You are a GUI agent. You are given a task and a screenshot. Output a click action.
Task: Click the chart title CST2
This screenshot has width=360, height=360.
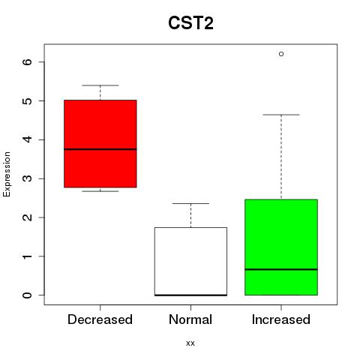tap(190, 23)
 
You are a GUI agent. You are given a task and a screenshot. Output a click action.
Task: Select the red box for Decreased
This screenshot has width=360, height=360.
tap(100, 144)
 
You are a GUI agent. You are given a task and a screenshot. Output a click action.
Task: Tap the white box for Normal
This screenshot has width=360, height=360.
tap(190, 262)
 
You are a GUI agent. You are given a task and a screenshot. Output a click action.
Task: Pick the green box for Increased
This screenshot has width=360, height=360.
tap(281, 247)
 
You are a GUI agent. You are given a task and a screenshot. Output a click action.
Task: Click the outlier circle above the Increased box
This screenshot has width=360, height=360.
tap(281, 54)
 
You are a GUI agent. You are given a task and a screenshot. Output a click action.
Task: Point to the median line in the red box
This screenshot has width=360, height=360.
tap(100, 149)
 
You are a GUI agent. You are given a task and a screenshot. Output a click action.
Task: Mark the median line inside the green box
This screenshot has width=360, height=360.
tap(281, 269)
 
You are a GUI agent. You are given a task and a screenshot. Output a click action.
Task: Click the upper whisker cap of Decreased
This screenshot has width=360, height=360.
tap(100, 85)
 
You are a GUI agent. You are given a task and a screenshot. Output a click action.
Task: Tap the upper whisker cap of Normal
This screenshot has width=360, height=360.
tap(190, 203)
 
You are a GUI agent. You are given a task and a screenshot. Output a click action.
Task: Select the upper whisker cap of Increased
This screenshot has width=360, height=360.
tap(281, 115)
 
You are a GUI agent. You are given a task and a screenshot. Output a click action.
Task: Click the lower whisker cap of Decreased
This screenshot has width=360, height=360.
tap(100, 191)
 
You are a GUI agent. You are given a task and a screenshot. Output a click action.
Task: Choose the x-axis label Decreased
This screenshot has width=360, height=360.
tap(100, 319)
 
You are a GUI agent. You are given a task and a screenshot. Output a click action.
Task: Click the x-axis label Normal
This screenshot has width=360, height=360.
tap(190, 319)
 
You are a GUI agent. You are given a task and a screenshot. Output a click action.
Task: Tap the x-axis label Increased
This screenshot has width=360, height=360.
tap(281, 319)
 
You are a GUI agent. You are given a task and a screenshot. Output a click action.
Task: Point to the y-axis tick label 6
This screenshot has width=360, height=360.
tap(28, 61)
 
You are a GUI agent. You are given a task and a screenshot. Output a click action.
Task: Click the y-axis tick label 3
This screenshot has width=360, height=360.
tap(28, 178)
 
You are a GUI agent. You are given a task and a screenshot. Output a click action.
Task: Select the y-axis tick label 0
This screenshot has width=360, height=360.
tap(28, 295)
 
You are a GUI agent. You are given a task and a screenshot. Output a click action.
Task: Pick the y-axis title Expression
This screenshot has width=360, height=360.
tap(7, 174)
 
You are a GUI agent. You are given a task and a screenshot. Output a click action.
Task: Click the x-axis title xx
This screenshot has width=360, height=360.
tap(190, 343)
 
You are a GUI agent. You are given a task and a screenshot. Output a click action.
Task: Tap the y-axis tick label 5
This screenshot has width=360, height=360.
tap(28, 100)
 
